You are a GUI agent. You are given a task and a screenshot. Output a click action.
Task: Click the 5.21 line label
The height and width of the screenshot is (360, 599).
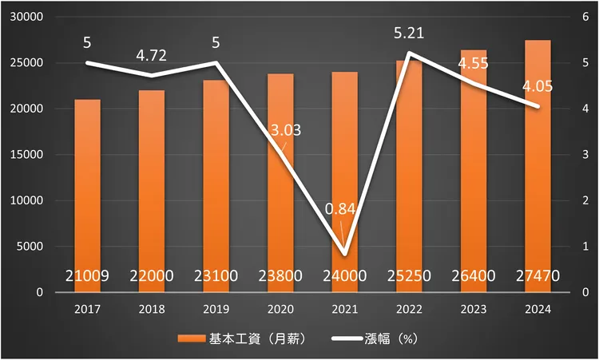409,34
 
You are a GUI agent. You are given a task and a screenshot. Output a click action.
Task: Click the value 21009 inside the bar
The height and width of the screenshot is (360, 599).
87,276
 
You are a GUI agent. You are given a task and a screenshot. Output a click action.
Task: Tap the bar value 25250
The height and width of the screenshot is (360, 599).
409,276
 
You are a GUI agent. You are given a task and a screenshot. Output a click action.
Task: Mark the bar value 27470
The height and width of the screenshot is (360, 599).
538,276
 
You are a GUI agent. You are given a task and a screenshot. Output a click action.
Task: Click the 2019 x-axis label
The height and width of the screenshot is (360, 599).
216,308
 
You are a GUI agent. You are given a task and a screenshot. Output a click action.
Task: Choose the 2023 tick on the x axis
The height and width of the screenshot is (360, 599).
474,308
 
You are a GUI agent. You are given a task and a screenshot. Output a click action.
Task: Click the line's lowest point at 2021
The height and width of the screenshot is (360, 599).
345,254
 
